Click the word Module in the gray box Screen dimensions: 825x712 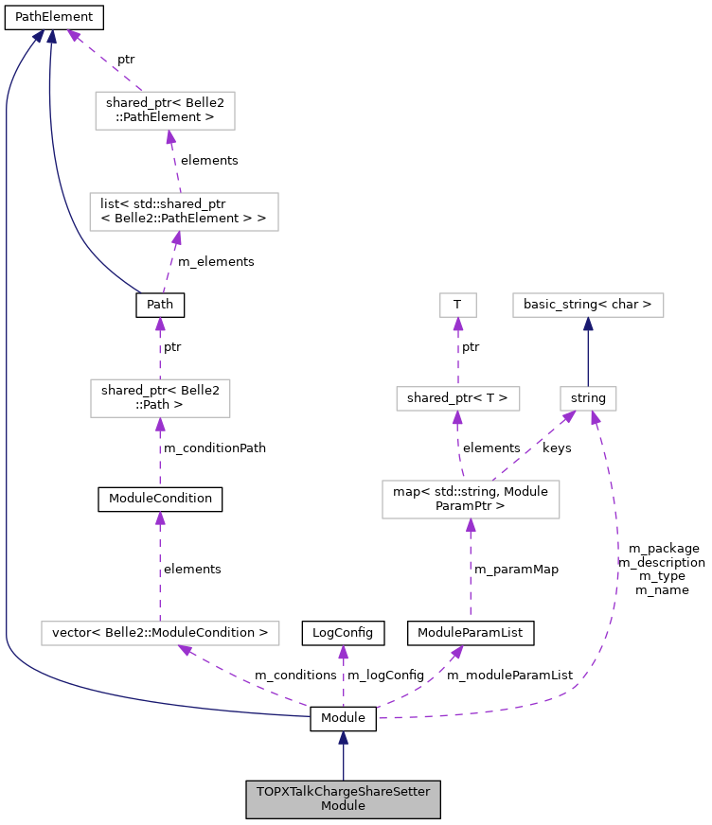343,806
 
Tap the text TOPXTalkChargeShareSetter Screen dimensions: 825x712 343,792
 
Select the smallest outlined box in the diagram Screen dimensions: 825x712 457,305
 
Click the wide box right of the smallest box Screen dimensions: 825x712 588,305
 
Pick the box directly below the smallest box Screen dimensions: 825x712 457,398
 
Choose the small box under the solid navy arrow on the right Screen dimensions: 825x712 588,398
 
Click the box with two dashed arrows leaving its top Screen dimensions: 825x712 471,499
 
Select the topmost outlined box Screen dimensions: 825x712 165,111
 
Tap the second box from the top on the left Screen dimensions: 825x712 184,211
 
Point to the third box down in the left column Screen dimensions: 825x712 160,397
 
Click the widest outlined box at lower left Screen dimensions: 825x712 160,633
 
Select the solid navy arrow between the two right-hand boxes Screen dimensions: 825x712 588,351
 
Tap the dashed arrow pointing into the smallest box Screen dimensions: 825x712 457,351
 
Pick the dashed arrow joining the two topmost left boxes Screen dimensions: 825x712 173,161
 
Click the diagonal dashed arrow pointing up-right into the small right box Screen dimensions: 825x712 533,446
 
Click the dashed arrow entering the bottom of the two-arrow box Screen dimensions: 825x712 471,568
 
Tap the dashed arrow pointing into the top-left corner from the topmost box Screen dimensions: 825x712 104,61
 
